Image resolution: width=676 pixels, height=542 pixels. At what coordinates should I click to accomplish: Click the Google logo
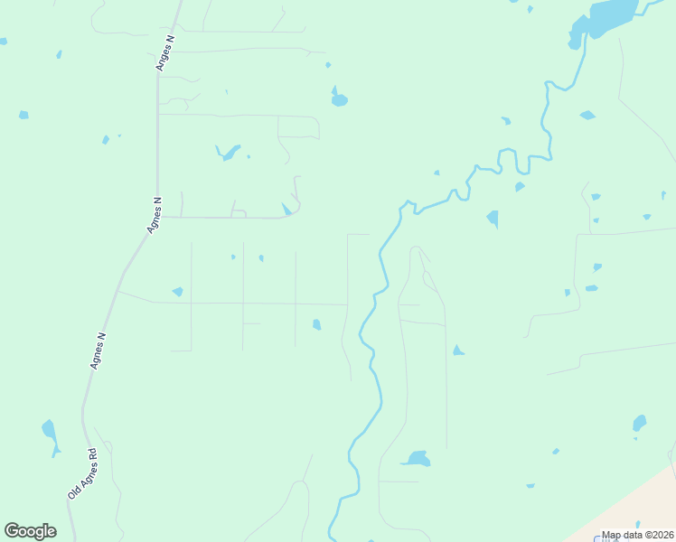click(30, 531)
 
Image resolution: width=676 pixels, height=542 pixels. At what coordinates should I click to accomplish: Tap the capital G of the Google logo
click(12, 531)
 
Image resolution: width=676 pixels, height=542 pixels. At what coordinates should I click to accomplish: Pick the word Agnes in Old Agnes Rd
click(82, 473)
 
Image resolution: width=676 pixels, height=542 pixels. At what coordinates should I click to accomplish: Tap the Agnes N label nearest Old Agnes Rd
click(99, 350)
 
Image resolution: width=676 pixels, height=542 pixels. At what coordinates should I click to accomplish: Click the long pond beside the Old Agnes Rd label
click(50, 434)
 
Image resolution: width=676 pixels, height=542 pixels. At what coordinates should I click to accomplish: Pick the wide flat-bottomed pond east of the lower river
click(416, 459)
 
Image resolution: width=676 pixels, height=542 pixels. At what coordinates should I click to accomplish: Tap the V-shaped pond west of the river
click(230, 152)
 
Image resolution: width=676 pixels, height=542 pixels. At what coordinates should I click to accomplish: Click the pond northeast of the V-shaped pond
click(339, 98)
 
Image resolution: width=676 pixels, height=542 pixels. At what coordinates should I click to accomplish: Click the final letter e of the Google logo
click(51, 532)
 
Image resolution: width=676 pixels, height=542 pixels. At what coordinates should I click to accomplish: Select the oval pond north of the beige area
click(640, 423)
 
